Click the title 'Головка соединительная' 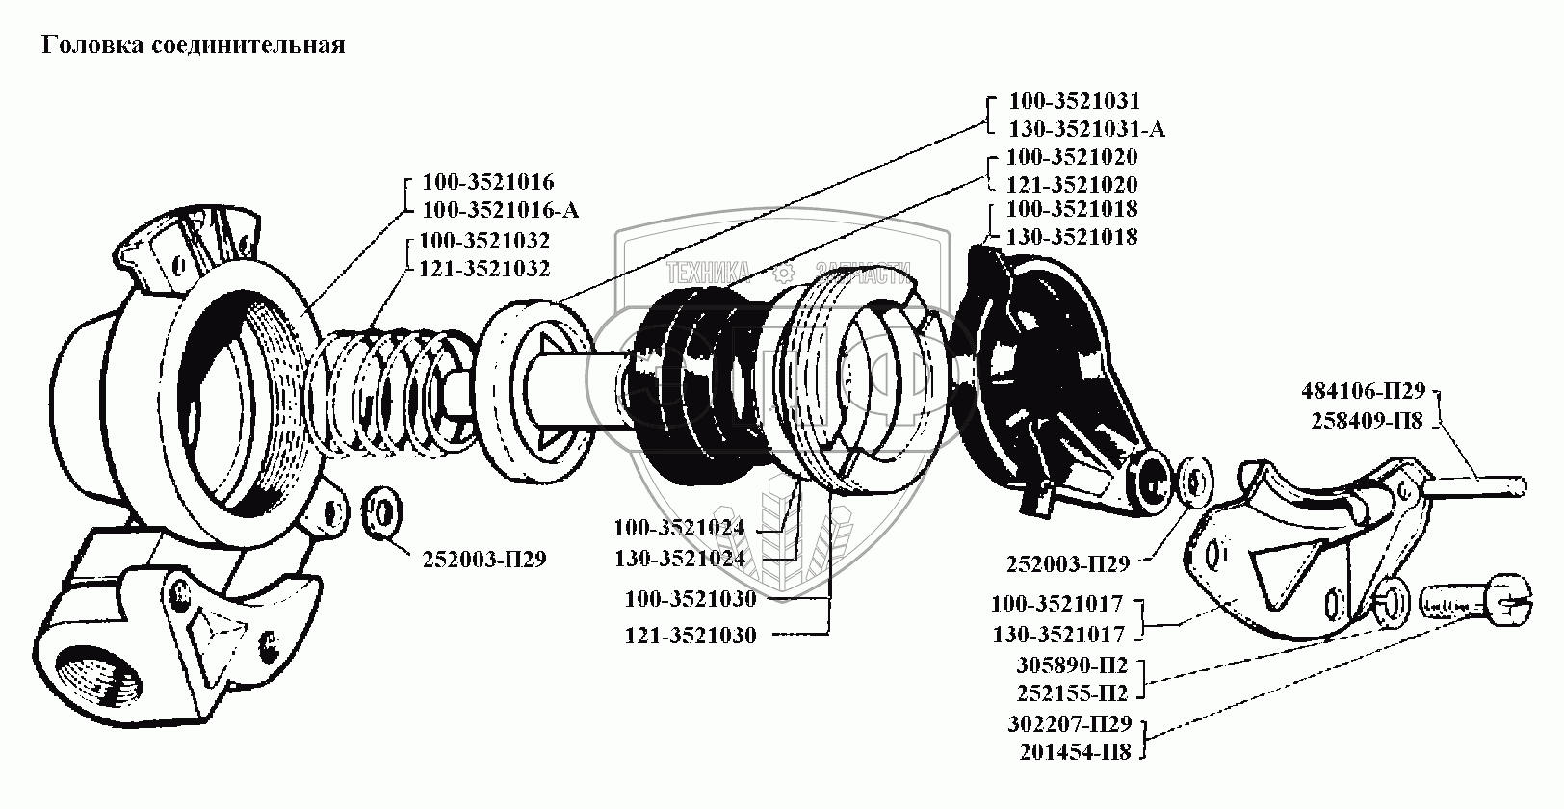tap(193, 45)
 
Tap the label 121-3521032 tap(484, 269)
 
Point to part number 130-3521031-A tap(1086, 129)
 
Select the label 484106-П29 tap(1362, 391)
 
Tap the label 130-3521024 tap(680, 557)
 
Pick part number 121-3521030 tap(691, 635)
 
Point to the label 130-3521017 tap(1057, 635)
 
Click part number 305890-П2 tap(1072, 665)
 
